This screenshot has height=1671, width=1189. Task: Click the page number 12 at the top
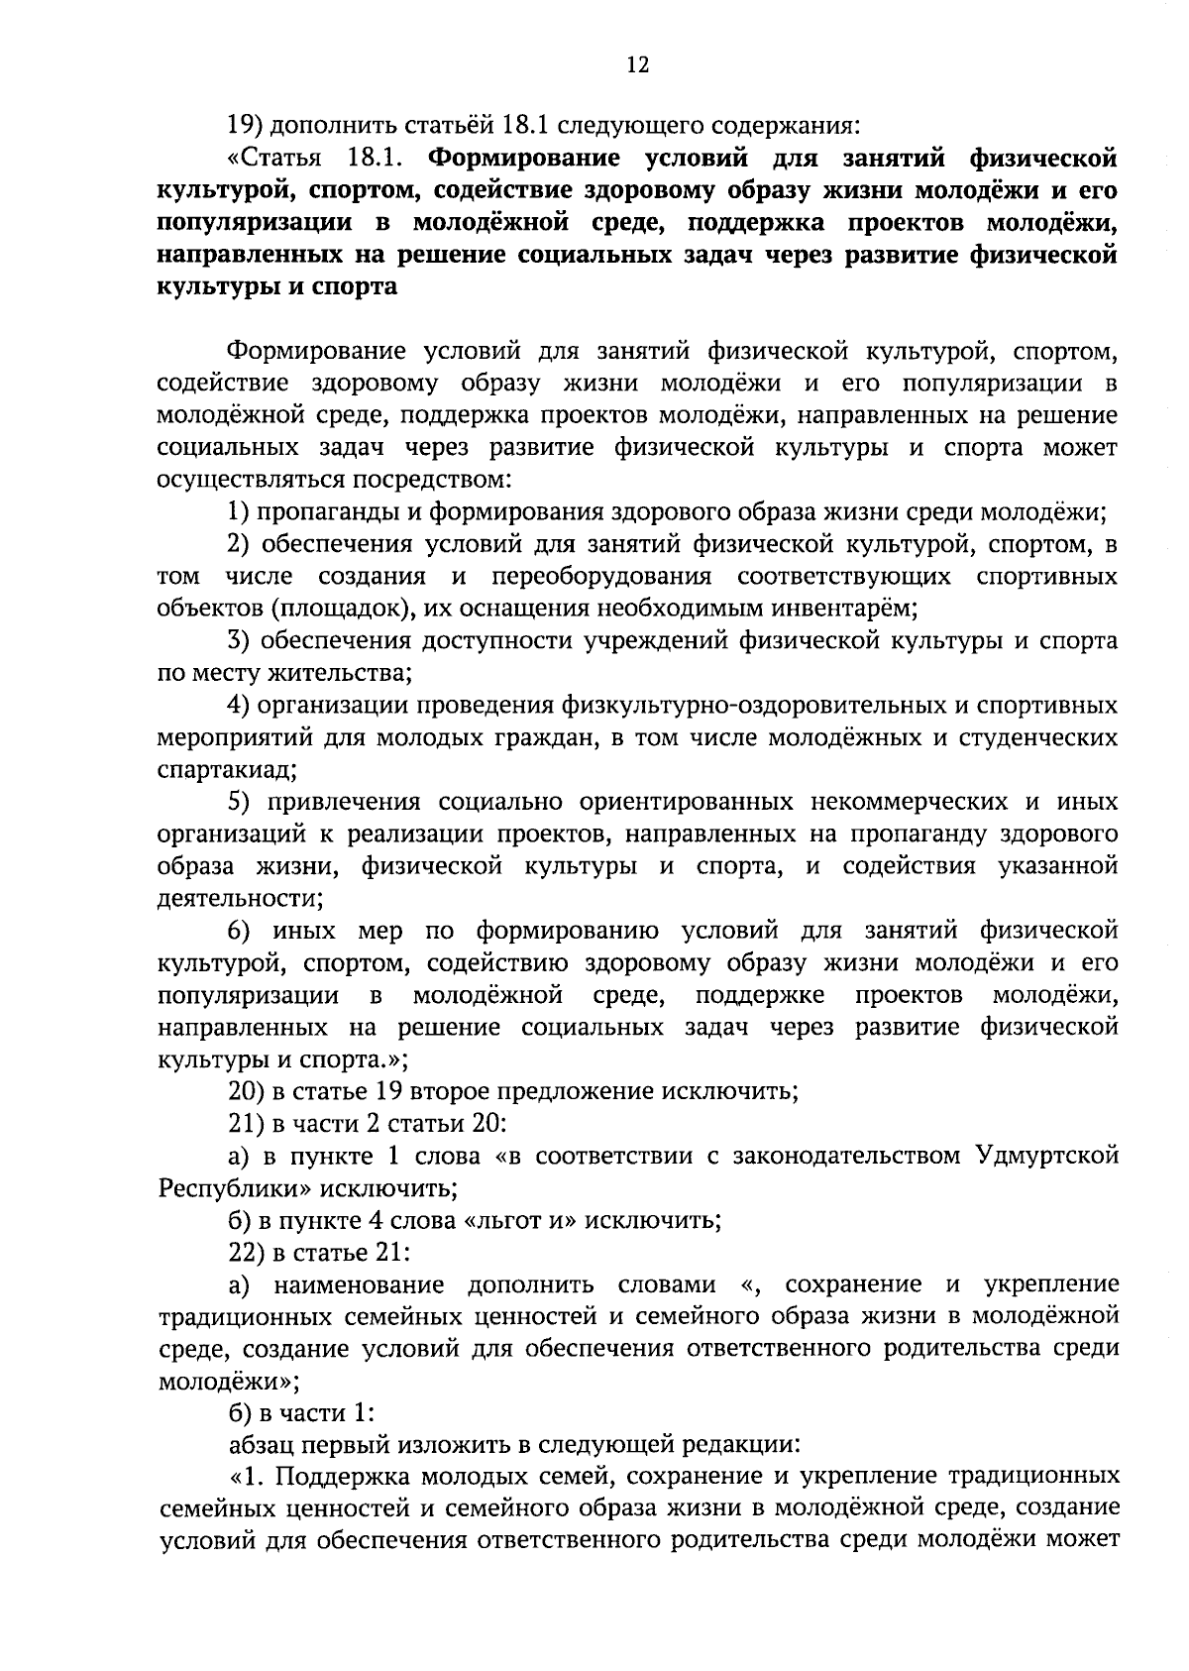point(637,65)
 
